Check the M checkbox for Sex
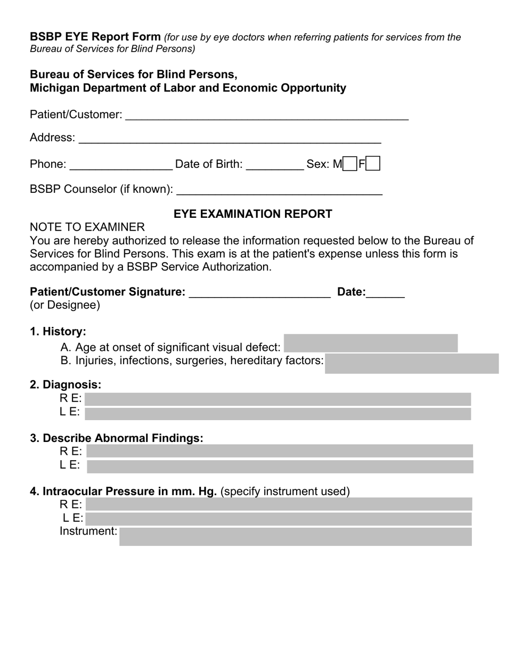click(350, 163)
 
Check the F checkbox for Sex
click(373, 163)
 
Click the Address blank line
click(230, 139)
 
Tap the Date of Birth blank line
click(275, 165)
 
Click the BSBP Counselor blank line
click(279, 190)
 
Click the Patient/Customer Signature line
click(260, 293)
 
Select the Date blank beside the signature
click(386, 293)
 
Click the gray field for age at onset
click(371, 343)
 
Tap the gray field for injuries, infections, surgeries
click(412, 364)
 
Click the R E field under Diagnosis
click(278, 399)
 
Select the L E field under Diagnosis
click(278, 414)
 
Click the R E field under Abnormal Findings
click(280, 452)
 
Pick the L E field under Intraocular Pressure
click(279, 519)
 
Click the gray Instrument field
click(296, 536)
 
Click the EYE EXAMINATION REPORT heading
click(253, 214)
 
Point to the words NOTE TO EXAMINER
click(87, 227)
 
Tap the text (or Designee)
click(65, 305)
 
